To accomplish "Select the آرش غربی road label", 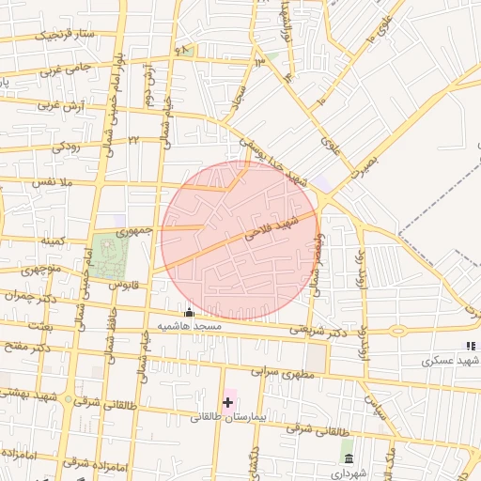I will (x=55, y=106).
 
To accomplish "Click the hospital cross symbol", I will (x=227, y=402).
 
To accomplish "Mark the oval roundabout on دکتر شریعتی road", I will (x=398, y=331).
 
